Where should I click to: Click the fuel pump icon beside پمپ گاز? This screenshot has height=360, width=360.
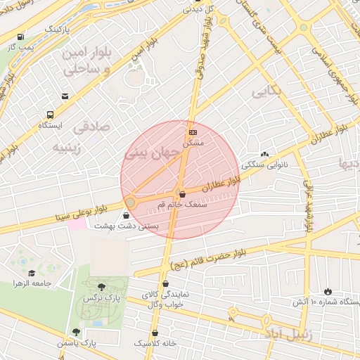pos(20,37)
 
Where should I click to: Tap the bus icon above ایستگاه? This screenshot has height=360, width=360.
pos(50,115)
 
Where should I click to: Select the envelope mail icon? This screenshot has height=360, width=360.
pos(65,96)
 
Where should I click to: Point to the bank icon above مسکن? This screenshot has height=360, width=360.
pos(193,132)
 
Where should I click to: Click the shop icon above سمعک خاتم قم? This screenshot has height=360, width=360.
pos(182,194)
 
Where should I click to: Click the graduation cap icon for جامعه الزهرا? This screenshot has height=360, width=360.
pos(32,273)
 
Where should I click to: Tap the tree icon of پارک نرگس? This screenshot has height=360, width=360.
pos(102,287)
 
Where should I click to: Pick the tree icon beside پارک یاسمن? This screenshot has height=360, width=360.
pos(76,332)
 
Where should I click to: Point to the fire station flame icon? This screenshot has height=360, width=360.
pos(327,291)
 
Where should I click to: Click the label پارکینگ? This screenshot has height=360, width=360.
pos(58,30)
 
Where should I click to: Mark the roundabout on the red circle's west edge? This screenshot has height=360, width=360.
pos(130,202)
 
